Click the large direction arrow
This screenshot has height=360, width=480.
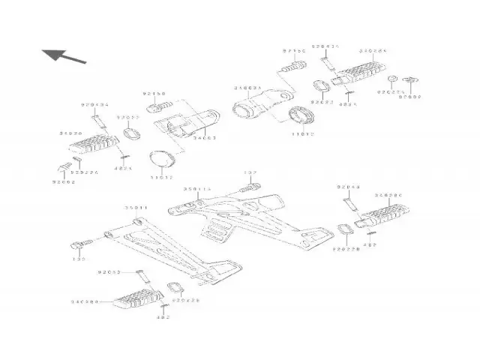(x=63, y=55)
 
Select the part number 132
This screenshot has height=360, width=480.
(x=250, y=173)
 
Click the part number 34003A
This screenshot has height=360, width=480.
(x=247, y=88)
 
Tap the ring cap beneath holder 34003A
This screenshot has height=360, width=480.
(x=301, y=116)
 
